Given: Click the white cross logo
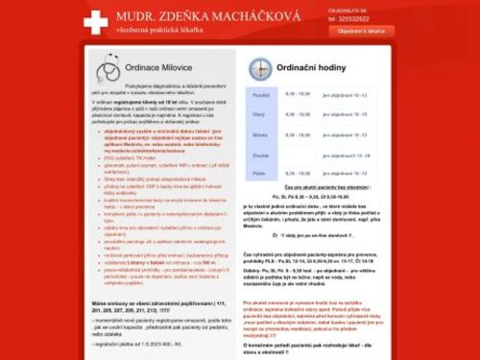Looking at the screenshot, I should (96, 20).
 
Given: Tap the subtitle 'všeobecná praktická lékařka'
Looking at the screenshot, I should (160, 31).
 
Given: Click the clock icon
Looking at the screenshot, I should (260, 68).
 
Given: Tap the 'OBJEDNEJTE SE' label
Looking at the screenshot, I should (347, 10).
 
